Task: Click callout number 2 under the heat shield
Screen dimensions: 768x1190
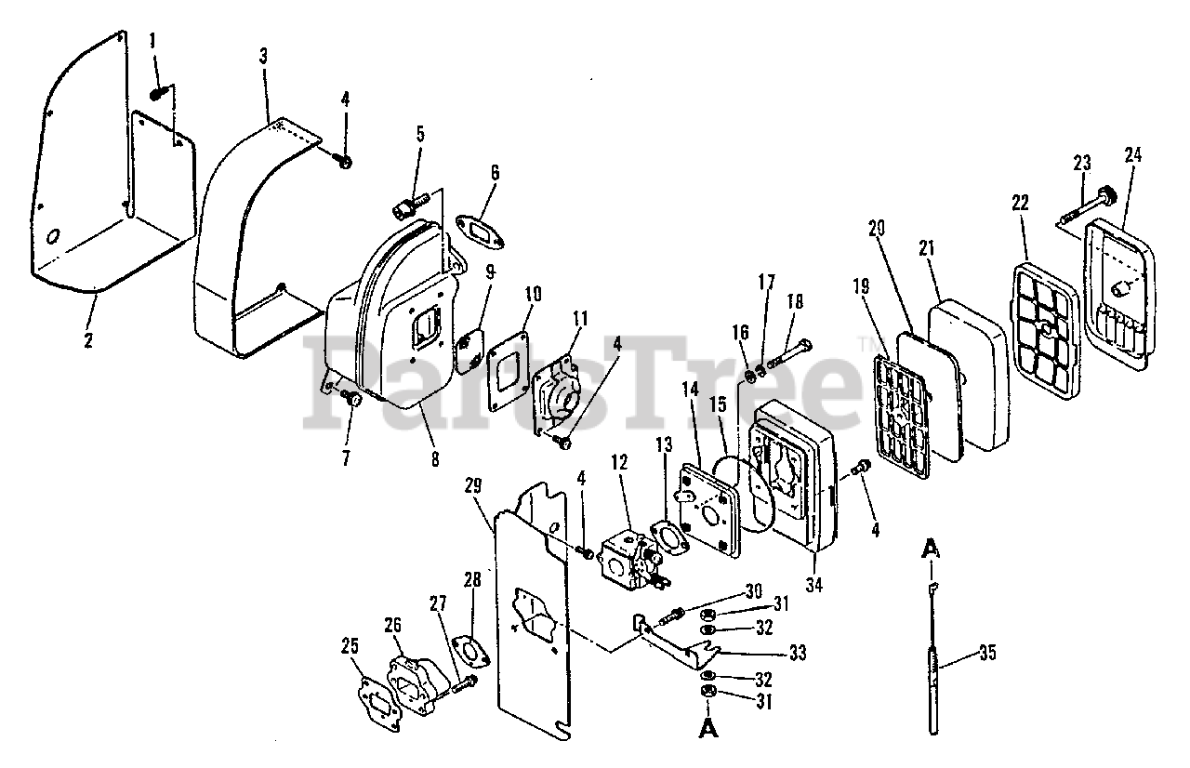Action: pyautogui.click(x=88, y=340)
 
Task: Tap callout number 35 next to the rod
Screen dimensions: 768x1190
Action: pyautogui.click(x=987, y=653)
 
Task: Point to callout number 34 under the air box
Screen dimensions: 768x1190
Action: pyautogui.click(x=814, y=585)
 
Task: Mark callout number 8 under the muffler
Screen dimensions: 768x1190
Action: pyautogui.click(x=435, y=458)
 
